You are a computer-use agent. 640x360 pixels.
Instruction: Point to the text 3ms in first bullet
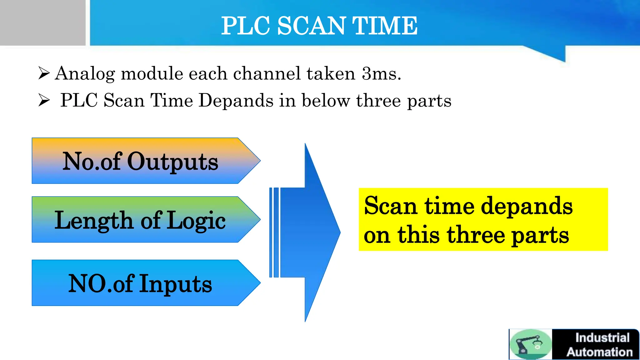point(381,74)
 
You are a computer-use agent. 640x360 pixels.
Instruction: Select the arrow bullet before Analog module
point(44,73)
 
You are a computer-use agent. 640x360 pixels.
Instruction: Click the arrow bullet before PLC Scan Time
point(44,100)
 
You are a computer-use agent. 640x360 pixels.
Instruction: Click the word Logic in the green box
point(196,221)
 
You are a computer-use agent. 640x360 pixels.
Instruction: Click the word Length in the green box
point(94,221)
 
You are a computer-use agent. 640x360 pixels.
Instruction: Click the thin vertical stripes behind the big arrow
point(274,232)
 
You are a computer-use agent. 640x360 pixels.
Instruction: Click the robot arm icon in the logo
point(530,344)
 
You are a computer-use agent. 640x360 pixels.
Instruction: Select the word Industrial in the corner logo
point(602,338)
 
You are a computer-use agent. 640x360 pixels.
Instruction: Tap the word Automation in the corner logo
point(599,352)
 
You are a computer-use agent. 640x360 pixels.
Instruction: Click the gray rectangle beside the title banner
point(42,22)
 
